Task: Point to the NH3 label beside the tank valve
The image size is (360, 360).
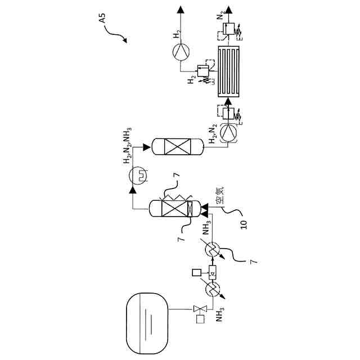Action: tap(219, 314)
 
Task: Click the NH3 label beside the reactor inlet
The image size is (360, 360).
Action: tap(206, 228)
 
